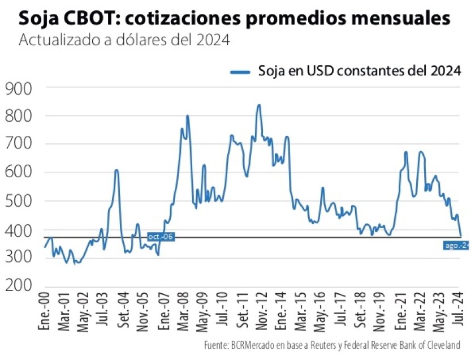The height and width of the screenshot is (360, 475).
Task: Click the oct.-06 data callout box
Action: point(161,237)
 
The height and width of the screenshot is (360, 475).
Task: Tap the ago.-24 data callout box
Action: point(456,245)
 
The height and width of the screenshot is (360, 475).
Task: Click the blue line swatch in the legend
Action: point(240,71)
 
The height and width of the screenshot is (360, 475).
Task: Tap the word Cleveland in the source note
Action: point(444,345)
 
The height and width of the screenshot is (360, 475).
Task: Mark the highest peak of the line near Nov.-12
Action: point(258,105)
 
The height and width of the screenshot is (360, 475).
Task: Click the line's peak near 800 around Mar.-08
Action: point(187,116)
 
